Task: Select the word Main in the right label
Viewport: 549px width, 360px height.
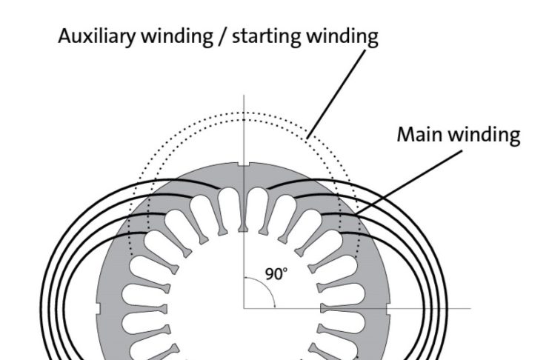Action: click(417, 136)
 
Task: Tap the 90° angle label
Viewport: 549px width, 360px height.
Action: click(276, 274)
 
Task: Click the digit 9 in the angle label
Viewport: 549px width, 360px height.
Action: click(270, 274)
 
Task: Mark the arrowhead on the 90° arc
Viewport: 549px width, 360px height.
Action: click(274, 303)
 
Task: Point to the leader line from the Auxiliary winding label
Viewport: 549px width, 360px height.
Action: click(337, 92)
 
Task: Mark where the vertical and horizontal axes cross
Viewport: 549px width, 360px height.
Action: click(243, 307)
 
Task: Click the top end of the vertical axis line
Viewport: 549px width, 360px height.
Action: click(243, 96)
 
